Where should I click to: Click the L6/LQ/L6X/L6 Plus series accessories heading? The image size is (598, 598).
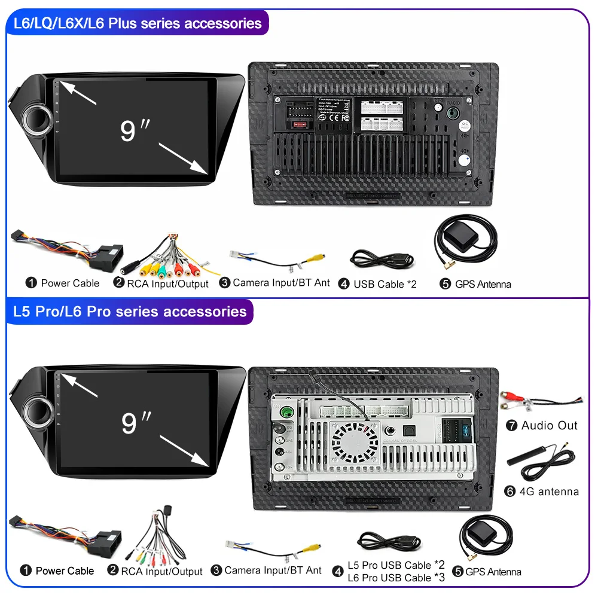click(136, 24)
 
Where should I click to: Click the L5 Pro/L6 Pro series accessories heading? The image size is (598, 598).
click(129, 312)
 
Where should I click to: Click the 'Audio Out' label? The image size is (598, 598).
click(549, 426)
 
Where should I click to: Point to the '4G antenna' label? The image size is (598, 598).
click(550, 492)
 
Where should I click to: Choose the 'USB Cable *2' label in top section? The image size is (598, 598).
click(385, 284)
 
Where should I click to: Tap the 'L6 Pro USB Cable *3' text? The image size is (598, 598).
click(396, 578)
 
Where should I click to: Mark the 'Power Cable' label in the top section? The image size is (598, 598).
click(69, 283)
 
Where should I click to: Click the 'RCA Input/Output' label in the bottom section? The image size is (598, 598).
click(161, 572)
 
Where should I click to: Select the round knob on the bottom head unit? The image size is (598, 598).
click(36, 411)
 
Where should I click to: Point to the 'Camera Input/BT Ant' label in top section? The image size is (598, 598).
click(281, 283)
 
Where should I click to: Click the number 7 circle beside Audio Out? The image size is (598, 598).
click(511, 426)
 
